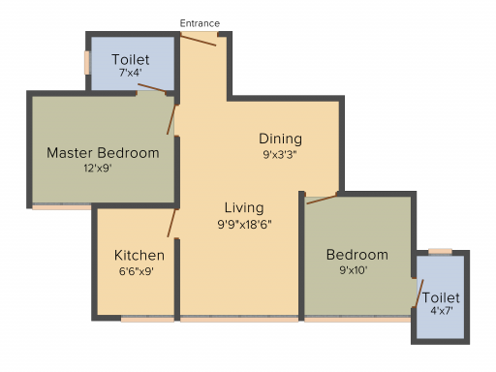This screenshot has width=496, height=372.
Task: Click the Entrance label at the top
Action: click(200, 23)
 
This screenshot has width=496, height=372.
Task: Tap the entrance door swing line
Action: click(198, 41)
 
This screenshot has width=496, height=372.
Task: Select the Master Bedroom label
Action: click(103, 153)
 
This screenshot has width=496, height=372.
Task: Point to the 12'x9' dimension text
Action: click(98, 168)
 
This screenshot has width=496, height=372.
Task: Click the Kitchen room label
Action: click(139, 256)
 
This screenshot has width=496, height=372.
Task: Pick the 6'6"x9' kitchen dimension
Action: click(136, 271)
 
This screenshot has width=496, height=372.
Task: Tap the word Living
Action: click(244, 208)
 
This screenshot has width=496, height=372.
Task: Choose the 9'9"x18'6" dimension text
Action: click(244, 224)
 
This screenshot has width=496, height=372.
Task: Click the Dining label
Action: click(281, 139)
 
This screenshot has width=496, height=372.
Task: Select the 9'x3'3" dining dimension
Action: click(280, 155)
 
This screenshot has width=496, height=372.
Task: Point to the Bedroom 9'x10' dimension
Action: click(354, 270)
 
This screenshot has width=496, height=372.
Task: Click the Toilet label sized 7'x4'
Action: click(131, 60)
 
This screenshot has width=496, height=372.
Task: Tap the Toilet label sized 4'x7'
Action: click(441, 297)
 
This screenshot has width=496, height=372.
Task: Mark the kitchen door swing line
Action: click(171, 223)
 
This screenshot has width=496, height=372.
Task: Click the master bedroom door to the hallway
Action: click(171, 119)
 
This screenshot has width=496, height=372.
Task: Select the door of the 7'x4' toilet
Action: click(152, 88)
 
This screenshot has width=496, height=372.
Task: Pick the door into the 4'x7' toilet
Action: click(419, 293)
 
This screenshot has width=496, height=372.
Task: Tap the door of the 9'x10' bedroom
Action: click(322, 199)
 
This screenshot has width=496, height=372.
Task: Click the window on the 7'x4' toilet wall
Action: click(87, 63)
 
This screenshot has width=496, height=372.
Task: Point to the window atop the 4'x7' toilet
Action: click(440, 251)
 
